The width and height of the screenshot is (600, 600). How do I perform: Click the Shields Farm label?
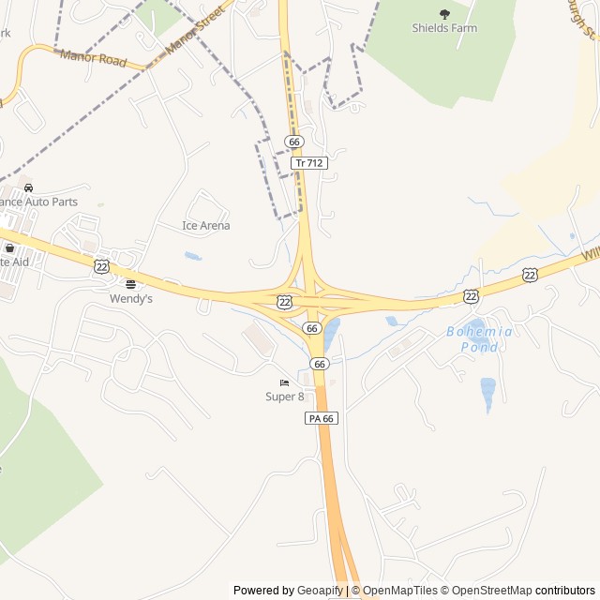444,28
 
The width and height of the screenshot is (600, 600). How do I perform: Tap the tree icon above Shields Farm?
444,13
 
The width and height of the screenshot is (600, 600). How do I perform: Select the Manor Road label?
92,58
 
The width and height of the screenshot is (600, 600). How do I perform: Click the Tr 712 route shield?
309,163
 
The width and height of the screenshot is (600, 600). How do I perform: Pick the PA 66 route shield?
321,418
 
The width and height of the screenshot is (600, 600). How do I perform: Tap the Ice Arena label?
205,226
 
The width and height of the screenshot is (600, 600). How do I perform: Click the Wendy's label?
131,298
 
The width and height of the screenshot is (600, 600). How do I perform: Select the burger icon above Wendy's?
130,283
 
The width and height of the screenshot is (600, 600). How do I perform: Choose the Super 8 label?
285,397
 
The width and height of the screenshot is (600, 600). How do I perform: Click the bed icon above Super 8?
284,382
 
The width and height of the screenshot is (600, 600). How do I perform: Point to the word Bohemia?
479,332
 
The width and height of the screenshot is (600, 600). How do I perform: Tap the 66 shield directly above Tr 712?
295,142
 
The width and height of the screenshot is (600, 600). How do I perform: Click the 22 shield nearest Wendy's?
101,267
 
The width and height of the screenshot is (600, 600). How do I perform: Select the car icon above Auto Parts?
28,187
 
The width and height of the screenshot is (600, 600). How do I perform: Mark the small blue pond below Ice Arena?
193,256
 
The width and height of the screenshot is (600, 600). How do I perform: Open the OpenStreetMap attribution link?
486,591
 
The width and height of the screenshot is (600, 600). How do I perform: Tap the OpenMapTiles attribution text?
400,591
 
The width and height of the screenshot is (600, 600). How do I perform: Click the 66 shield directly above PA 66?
320,363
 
